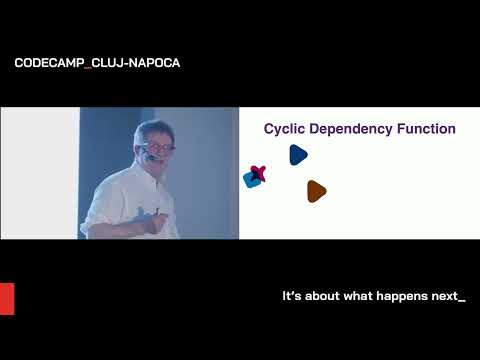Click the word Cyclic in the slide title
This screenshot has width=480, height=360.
coord(284,129)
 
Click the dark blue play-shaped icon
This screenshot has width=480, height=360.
coord(298,154)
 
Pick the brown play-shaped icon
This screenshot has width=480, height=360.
coord(316,191)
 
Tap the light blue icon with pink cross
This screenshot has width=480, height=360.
coord(255,177)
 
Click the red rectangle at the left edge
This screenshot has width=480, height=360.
coord(7,298)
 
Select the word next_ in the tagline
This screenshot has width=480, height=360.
coord(446,297)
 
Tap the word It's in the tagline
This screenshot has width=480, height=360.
coord(293,297)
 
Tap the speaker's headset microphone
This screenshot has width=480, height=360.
coord(150,158)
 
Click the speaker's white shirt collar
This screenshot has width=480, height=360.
coord(140,178)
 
